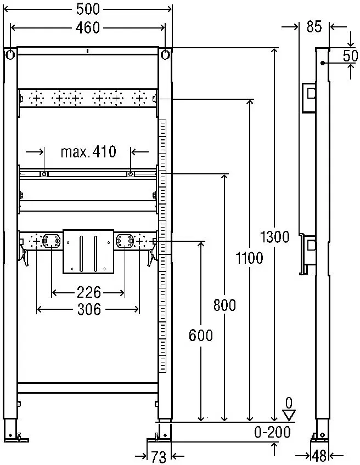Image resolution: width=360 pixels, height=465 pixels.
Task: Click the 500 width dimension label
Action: pos(88,9)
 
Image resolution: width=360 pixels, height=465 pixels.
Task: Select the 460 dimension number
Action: pos(88,28)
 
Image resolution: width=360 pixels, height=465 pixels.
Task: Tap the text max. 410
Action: pos(88,152)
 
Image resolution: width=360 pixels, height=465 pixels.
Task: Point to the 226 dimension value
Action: pos(88,292)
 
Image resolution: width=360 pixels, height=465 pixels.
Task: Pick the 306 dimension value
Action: pos(89,309)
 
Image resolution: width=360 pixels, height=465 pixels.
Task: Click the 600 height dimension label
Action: pos(201,336)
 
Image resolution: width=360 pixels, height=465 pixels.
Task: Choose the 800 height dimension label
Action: pos(224,305)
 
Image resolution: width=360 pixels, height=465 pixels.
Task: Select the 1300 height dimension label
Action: pos(274,237)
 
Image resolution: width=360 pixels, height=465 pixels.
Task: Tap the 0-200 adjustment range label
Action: pos(272,433)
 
